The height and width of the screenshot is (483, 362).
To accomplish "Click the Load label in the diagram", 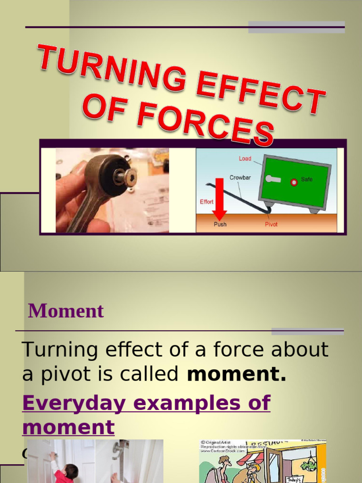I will click(x=245, y=158).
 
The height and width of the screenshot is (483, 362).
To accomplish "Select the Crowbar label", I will click(x=240, y=178).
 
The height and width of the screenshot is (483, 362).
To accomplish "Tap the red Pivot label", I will click(x=271, y=225).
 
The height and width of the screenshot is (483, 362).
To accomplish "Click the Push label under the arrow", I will click(x=220, y=225).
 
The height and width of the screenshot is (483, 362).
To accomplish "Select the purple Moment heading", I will click(x=66, y=311).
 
